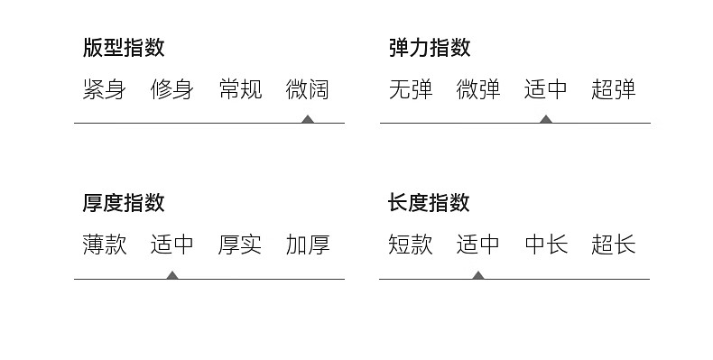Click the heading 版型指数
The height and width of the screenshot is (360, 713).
pos(124,47)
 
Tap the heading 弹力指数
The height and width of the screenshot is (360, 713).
pos(430,47)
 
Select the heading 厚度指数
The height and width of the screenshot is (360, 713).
pos(124,203)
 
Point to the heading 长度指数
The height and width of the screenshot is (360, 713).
pos(429,203)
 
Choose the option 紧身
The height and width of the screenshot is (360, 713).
pos(104,89)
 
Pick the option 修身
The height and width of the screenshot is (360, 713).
pos(171,89)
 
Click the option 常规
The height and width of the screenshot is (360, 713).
pos(240,89)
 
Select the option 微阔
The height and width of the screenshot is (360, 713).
pos(308,89)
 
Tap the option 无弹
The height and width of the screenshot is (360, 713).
pos(411,89)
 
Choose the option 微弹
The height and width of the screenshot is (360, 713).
pos(478,89)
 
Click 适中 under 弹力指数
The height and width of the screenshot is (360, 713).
pos(546,89)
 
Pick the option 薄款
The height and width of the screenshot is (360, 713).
pos(104,245)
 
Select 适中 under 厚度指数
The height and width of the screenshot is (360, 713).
pos(171,245)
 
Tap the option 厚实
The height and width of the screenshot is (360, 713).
pos(240,245)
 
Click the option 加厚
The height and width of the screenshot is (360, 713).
pos(308,245)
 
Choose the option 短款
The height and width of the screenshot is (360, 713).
pos(410,245)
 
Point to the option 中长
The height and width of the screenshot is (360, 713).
pos(546,245)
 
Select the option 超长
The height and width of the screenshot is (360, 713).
pos(614,245)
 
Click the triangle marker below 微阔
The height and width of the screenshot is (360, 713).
pos(308,119)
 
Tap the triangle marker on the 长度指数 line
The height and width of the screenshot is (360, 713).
pos(478,275)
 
